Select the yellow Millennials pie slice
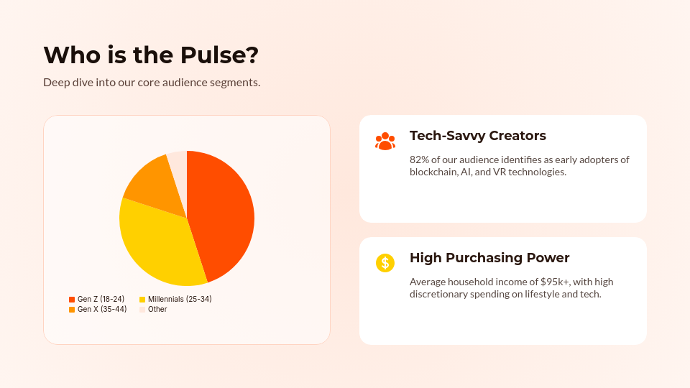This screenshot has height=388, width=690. (162, 244)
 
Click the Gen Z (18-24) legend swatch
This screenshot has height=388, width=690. (72, 299)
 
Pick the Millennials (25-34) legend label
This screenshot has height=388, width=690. (180, 299)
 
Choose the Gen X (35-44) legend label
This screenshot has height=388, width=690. (102, 309)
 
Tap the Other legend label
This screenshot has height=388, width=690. (157, 309)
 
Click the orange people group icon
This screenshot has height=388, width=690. (385, 141)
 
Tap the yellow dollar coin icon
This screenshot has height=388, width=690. (385, 263)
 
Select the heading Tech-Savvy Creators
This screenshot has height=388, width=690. (478, 136)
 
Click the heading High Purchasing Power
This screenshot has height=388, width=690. (489, 258)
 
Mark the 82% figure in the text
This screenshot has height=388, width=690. (420, 160)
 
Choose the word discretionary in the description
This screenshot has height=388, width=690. (440, 294)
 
